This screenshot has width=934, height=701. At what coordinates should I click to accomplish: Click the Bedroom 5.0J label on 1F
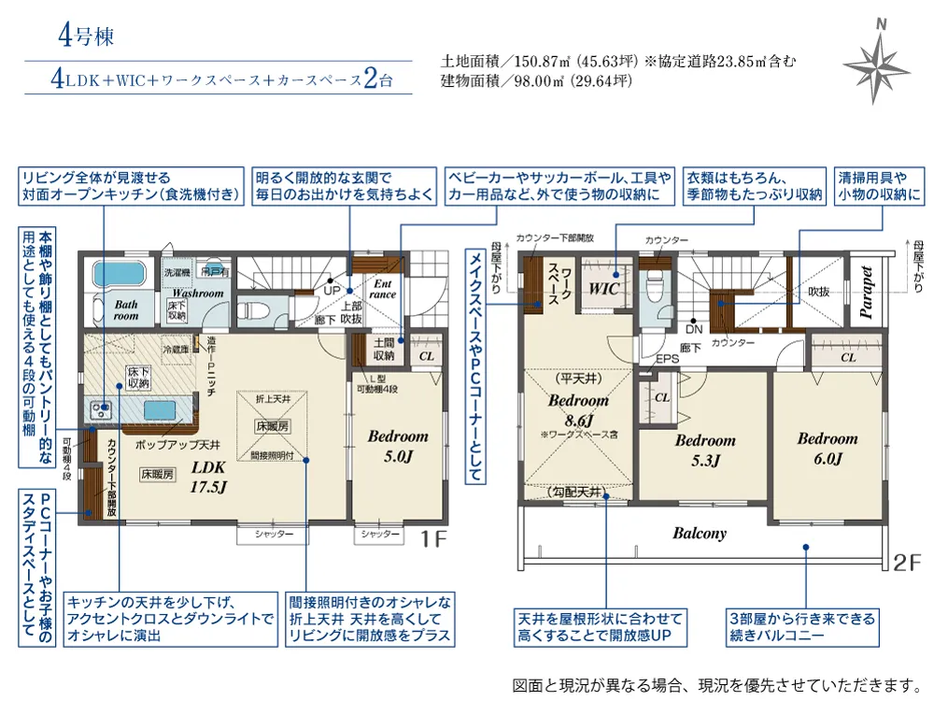pyautogui.click(x=398, y=445)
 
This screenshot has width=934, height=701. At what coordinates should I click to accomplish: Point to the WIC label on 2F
pyautogui.click(x=604, y=290)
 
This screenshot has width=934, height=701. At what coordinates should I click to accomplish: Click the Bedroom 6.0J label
pyautogui.click(x=827, y=448)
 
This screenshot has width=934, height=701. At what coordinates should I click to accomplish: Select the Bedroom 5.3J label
pyautogui.click(x=705, y=450)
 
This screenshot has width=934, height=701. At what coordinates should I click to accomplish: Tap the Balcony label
pyautogui.click(x=700, y=534)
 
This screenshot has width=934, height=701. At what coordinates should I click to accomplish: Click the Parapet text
pyautogui.click(x=867, y=293)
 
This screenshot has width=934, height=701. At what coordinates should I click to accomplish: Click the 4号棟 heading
pyautogui.click(x=86, y=38)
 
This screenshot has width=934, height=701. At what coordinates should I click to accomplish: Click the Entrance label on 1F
pyautogui.click(x=384, y=289)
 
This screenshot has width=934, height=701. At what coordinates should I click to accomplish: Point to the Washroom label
pyautogui.click(x=196, y=293)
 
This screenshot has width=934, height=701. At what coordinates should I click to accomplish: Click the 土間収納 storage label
pyautogui.click(x=383, y=349)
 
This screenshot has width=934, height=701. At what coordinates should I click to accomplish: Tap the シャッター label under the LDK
pyautogui.click(x=272, y=535)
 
